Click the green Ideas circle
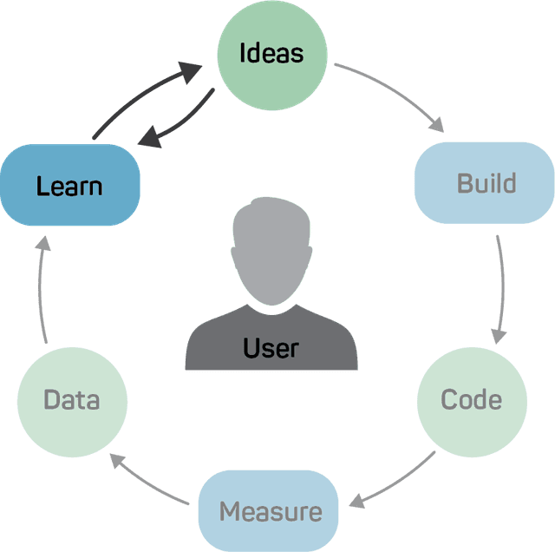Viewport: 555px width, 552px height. [x=271, y=54]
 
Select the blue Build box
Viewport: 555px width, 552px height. [x=484, y=183]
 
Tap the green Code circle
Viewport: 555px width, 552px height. [x=471, y=400]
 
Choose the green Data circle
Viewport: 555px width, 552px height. [x=72, y=400]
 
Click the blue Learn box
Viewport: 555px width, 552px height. [x=70, y=186]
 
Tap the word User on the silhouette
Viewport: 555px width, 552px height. [x=271, y=348]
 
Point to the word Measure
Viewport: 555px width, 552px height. [x=271, y=511]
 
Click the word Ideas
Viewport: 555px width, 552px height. [x=271, y=53]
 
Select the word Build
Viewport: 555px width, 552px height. [x=486, y=183]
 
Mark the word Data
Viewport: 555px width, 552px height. [x=72, y=400]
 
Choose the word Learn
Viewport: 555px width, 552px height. [x=69, y=186]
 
